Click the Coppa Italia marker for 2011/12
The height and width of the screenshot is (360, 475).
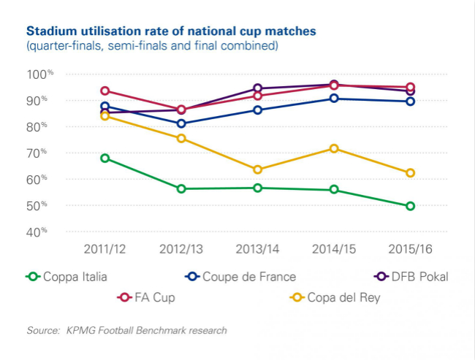pyautogui.click(x=105, y=158)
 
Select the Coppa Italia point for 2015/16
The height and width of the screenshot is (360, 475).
pyautogui.click(x=410, y=206)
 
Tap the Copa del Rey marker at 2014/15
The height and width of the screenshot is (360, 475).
pyautogui.click(x=334, y=148)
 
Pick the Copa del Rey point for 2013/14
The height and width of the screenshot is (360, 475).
pyautogui.click(x=258, y=169)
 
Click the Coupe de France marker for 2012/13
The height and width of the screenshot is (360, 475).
pyautogui.click(x=181, y=123)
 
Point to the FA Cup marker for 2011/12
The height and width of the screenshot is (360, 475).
pyautogui.click(x=105, y=91)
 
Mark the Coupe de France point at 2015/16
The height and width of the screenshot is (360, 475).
pyautogui.click(x=410, y=102)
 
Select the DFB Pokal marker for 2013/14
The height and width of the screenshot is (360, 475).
pyautogui.click(x=258, y=88)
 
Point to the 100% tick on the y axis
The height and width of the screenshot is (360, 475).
pyautogui.click(x=40, y=74)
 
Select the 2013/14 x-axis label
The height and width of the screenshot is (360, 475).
pyautogui.click(x=258, y=249)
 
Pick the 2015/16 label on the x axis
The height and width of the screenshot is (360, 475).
pyautogui.click(x=410, y=249)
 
